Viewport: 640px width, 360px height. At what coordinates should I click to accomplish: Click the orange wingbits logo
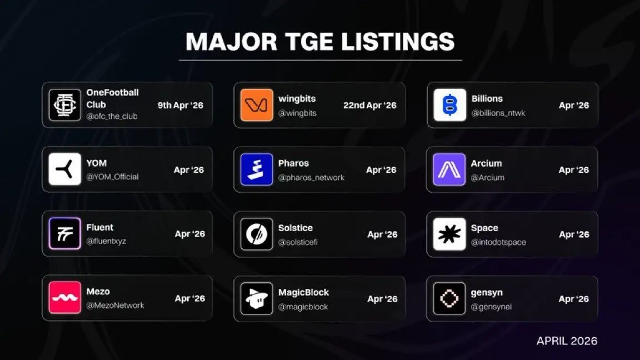256,105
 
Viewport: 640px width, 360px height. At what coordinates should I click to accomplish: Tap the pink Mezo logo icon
64,298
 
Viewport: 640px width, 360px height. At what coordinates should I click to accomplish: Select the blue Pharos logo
256,169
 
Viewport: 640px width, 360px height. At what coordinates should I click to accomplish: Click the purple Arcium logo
449,169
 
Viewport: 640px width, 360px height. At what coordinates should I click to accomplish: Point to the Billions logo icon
449,105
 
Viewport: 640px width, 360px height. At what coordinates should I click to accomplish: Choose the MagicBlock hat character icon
256,298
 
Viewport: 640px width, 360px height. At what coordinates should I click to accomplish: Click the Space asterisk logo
449,234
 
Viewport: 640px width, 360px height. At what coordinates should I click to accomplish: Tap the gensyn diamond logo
449,298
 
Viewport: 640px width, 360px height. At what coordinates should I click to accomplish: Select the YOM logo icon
64,169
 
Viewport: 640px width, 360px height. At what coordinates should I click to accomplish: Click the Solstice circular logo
256,234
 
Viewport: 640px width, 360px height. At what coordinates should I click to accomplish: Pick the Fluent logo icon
64,233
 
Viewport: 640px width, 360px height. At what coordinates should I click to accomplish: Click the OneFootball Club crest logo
64,105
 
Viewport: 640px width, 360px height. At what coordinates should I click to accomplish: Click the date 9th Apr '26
181,106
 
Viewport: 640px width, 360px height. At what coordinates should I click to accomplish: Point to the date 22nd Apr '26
370,106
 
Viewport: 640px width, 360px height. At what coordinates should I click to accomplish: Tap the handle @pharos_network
312,178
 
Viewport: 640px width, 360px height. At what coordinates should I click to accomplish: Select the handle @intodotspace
498,242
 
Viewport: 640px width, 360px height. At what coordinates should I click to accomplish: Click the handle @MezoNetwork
115,306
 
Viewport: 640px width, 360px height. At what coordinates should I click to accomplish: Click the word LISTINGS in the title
398,42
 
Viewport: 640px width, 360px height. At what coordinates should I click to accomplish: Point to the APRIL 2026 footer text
567,341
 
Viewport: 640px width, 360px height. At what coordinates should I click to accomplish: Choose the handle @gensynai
491,307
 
